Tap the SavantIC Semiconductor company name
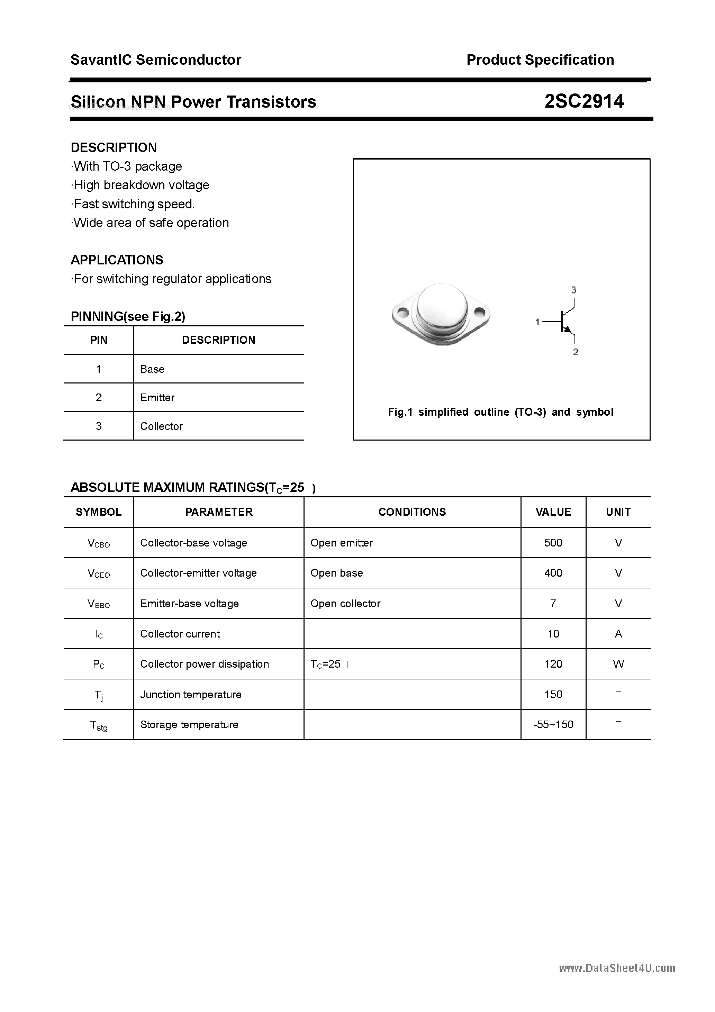(156, 60)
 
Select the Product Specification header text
(540, 60)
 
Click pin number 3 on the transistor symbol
(573, 290)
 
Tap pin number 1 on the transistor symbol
(537, 322)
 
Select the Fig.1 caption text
(500, 412)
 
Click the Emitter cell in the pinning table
(157, 398)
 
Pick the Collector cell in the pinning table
(161, 426)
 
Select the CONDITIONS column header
(412, 512)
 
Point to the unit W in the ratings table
(618, 664)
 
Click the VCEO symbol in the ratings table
(99, 573)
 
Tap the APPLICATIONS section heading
(117, 260)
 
